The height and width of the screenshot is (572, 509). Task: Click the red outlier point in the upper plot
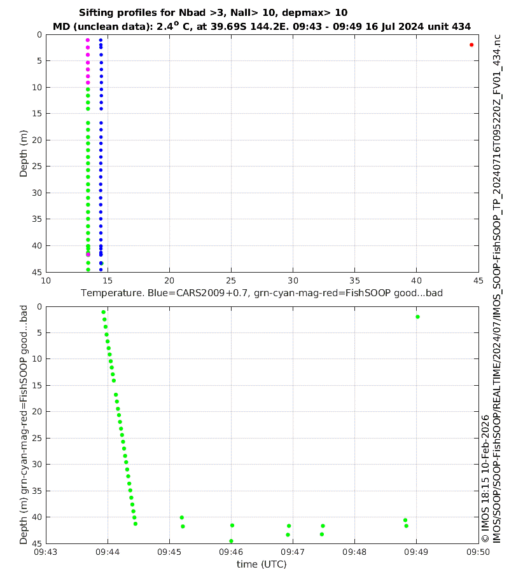[x=471, y=44]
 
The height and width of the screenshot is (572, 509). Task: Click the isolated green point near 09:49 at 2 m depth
[x=417, y=317]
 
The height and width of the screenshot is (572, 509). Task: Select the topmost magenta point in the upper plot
[x=88, y=40]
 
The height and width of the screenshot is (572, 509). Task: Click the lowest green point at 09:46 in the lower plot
[x=231, y=541]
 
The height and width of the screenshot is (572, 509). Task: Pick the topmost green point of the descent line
[x=103, y=312]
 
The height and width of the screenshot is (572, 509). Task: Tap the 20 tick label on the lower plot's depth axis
[x=38, y=411]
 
